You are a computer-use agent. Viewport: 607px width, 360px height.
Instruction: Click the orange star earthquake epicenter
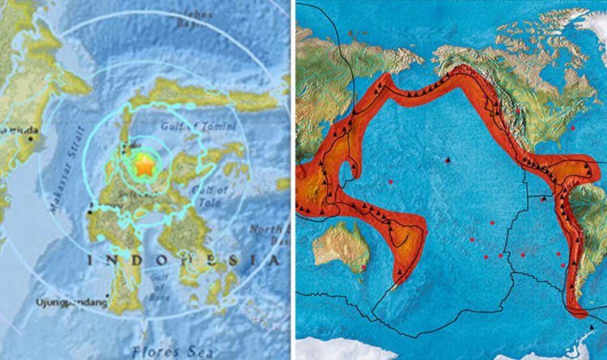coord(144,166)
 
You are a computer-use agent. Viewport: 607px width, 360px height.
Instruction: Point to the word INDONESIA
coord(183,260)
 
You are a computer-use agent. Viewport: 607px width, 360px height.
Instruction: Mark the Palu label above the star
coord(125,147)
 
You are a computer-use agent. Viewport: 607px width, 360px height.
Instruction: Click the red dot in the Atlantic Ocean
coord(572,127)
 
